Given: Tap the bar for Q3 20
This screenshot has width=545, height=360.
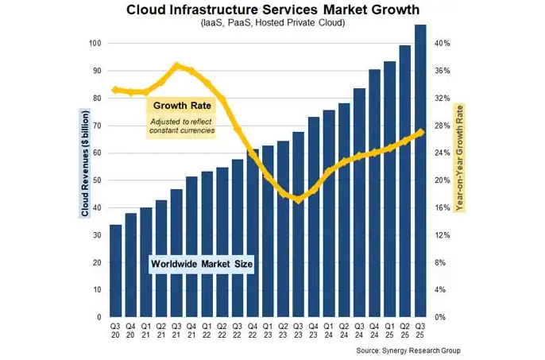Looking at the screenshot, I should click(x=115, y=270).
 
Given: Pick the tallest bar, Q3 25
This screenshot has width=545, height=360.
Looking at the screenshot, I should click(x=420, y=171).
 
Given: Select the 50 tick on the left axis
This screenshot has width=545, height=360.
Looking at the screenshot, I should click(x=97, y=180).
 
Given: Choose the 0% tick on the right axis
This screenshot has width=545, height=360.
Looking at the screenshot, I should click(x=445, y=317).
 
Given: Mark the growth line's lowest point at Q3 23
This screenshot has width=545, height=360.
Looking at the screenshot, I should click(x=298, y=200).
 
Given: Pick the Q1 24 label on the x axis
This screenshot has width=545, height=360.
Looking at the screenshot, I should click(x=329, y=329).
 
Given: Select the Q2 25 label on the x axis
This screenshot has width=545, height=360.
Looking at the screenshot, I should click(x=405, y=329).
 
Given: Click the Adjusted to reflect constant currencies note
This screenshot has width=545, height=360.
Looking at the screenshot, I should click(x=183, y=125).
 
